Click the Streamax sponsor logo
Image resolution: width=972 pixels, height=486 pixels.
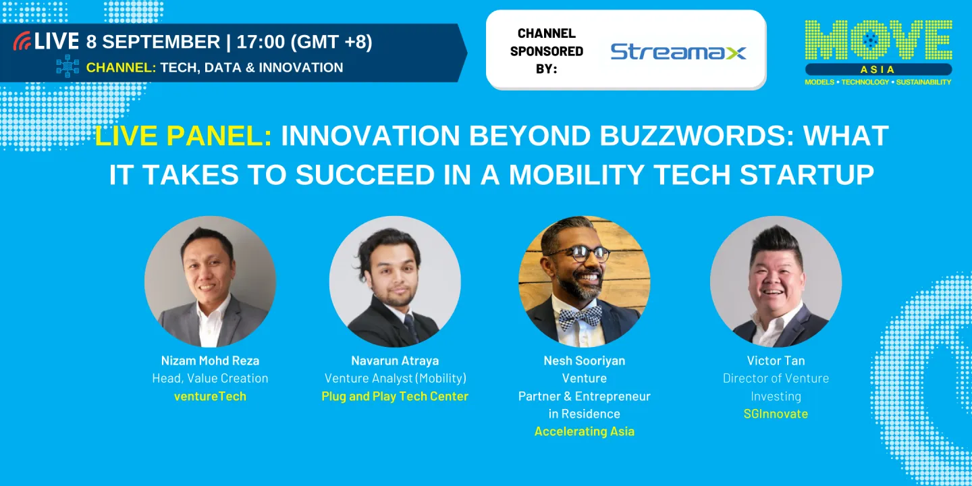point(678,51)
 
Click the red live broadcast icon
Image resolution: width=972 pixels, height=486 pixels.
point(22,41)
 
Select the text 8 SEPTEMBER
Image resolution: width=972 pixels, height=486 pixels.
point(153,42)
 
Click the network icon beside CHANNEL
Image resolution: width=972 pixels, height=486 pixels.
point(67,67)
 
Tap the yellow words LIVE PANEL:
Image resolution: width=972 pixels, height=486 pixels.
point(184,136)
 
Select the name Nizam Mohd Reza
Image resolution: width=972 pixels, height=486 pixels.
point(210,360)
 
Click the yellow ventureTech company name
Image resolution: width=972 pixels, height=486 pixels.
point(210,396)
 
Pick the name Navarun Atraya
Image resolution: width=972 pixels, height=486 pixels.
point(395,360)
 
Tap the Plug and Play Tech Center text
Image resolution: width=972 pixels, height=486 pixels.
point(395,396)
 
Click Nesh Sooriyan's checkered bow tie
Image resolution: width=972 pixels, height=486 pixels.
point(580,314)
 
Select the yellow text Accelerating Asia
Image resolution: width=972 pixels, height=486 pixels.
point(585,431)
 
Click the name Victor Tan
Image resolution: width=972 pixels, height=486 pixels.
point(776,360)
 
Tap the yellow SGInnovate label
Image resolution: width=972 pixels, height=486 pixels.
point(776,414)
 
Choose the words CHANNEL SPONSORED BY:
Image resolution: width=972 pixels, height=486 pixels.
point(547,51)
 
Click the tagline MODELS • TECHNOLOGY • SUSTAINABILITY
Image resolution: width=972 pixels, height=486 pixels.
point(878,82)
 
